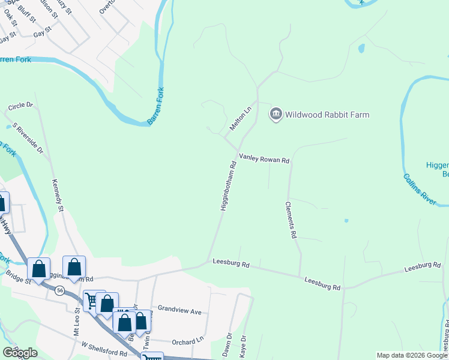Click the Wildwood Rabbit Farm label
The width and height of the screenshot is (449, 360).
pos(327,115)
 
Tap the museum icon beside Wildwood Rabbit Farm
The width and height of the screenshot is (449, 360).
pos(276,114)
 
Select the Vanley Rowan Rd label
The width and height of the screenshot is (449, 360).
pos(264,160)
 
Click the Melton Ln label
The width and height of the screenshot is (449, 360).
pos(240,118)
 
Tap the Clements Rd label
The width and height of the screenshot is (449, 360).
pos(290,220)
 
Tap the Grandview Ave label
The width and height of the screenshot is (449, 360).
pos(179,311)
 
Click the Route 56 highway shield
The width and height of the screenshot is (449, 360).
pos(59,290)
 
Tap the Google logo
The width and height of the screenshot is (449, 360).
pos(20,353)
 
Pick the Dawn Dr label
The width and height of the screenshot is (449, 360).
pos(227,344)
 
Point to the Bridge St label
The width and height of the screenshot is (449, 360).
pos(19,279)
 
